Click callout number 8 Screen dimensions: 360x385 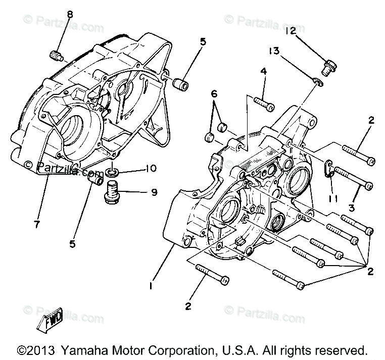pyautogui.click(x=69, y=14)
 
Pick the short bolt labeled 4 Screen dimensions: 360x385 pyautogui.click(x=263, y=104)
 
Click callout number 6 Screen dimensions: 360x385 pyautogui.click(x=214, y=93)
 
